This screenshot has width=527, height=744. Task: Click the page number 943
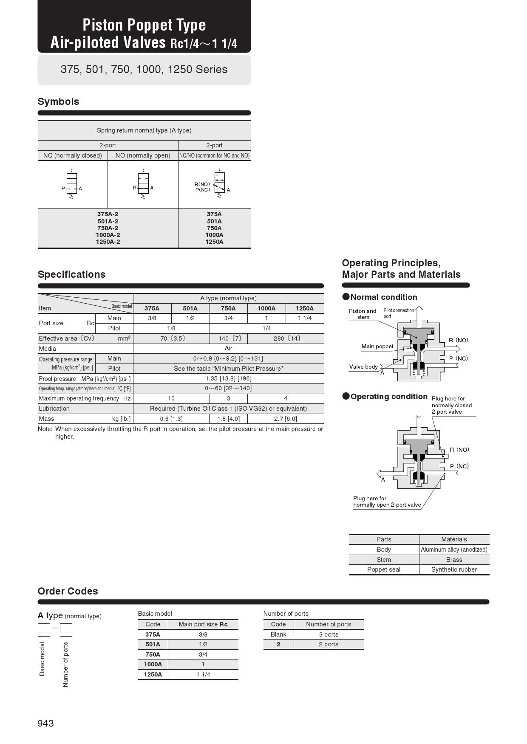point(45,723)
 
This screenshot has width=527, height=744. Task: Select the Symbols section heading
point(58,101)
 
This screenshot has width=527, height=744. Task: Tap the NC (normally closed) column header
point(73,155)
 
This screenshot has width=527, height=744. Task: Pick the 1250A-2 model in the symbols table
point(108,242)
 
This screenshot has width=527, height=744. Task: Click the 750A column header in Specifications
point(228,308)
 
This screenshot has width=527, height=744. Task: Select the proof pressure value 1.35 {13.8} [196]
point(228,378)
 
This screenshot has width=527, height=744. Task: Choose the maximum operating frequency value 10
point(171,398)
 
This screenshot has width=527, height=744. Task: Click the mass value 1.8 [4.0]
point(228,419)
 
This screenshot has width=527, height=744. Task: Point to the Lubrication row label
point(54,409)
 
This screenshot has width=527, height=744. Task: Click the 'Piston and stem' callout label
point(363,314)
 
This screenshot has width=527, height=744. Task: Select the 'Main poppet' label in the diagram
point(377,346)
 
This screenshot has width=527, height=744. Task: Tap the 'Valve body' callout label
point(363,366)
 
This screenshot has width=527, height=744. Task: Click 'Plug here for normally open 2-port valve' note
point(387,502)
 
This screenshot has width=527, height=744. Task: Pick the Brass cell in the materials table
point(454,560)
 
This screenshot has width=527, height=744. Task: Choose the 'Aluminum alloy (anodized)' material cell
point(454,550)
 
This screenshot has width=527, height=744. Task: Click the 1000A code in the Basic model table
point(153,664)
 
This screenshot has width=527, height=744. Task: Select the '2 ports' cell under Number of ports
point(329,644)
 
